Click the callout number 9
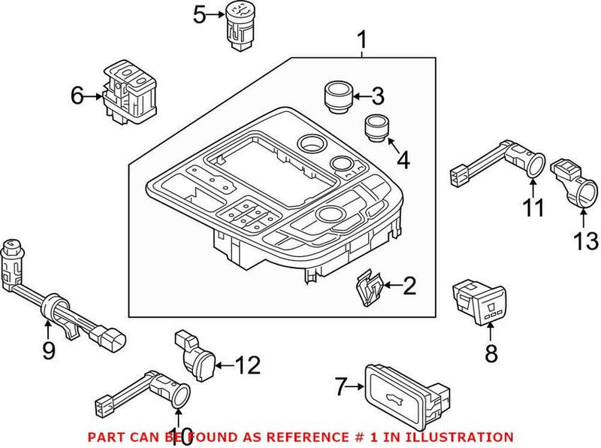coord(48,350)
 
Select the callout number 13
coord(587,241)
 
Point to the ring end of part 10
coord(180,396)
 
